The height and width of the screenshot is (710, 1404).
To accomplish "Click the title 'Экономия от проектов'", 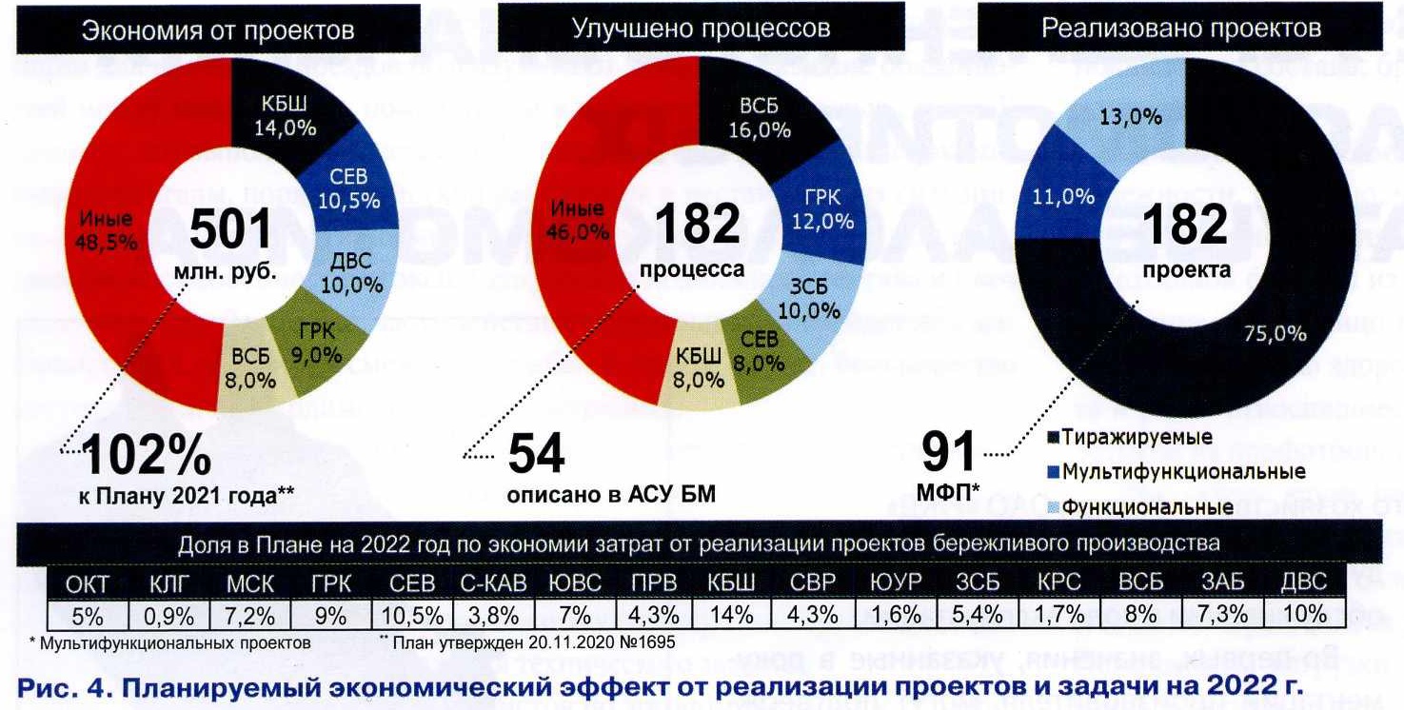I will tap(218, 30).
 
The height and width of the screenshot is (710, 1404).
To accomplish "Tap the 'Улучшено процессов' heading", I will tap(701, 29).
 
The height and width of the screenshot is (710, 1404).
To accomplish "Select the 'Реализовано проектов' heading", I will tap(1180, 28).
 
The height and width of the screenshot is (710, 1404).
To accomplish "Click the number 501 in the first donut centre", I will tap(231, 228).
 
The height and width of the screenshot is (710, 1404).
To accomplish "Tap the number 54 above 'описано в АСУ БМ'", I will tap(536, 454).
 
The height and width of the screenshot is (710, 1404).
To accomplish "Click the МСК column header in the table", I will tap(250, 583).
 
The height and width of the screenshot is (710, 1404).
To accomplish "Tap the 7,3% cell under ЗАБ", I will tap(1222, 614).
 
